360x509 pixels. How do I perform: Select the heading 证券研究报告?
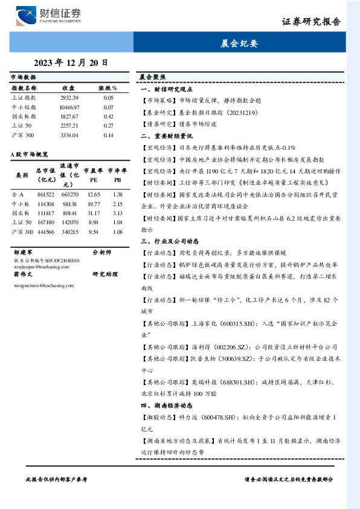pyautogui.click(x=311, y=21)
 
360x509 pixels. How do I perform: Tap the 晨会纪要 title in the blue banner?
pyautogui.click(x=239, y=44)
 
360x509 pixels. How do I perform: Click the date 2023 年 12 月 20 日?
pyautogui.click(x=71, y=62)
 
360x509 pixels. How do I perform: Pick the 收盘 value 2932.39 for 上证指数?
pyautogui.click(x=69, y=97)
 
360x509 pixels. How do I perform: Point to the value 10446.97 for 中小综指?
pyautogui.click(x=69, y=106)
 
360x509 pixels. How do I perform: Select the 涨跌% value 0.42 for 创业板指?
pyautogui.click(x=108, y=116)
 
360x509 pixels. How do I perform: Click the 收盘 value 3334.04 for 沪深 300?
pyautogui.click(x=69, y=135)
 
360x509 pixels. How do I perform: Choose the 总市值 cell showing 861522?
pyautogui.click(x=45, y=194)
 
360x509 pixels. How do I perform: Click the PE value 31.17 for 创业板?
pyautogui.click(x=93, y=213)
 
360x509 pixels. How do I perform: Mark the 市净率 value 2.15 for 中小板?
pyautogui.click(x=117, y=204)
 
